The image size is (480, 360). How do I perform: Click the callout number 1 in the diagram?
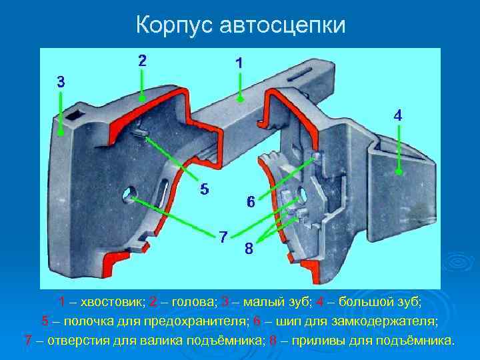(239, 63)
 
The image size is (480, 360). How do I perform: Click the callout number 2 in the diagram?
(143, 60)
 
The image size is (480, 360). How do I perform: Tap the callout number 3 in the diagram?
(61, 83)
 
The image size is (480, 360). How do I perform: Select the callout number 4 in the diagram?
(397, 115)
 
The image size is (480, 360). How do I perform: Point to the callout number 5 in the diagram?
(205, 189)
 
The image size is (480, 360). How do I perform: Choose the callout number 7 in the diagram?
(224, 236)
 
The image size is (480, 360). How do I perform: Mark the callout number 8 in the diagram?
(248, 250)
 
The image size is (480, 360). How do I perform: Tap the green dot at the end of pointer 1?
(240, 100)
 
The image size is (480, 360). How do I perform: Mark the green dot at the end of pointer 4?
(399, 171)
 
